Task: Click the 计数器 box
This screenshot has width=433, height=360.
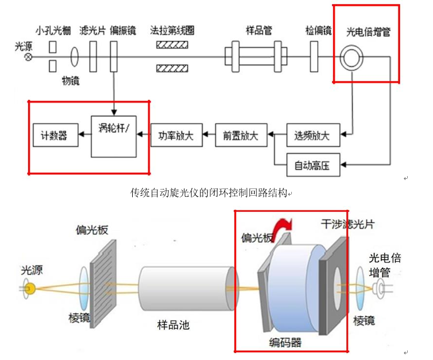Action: coord(54,136)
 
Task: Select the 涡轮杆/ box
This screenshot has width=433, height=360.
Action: coord(114,136)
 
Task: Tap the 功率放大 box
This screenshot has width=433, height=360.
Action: coord(176,136)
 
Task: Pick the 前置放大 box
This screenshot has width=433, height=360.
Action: coord(240,136)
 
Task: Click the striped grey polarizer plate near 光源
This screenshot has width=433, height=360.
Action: coord(103,273)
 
